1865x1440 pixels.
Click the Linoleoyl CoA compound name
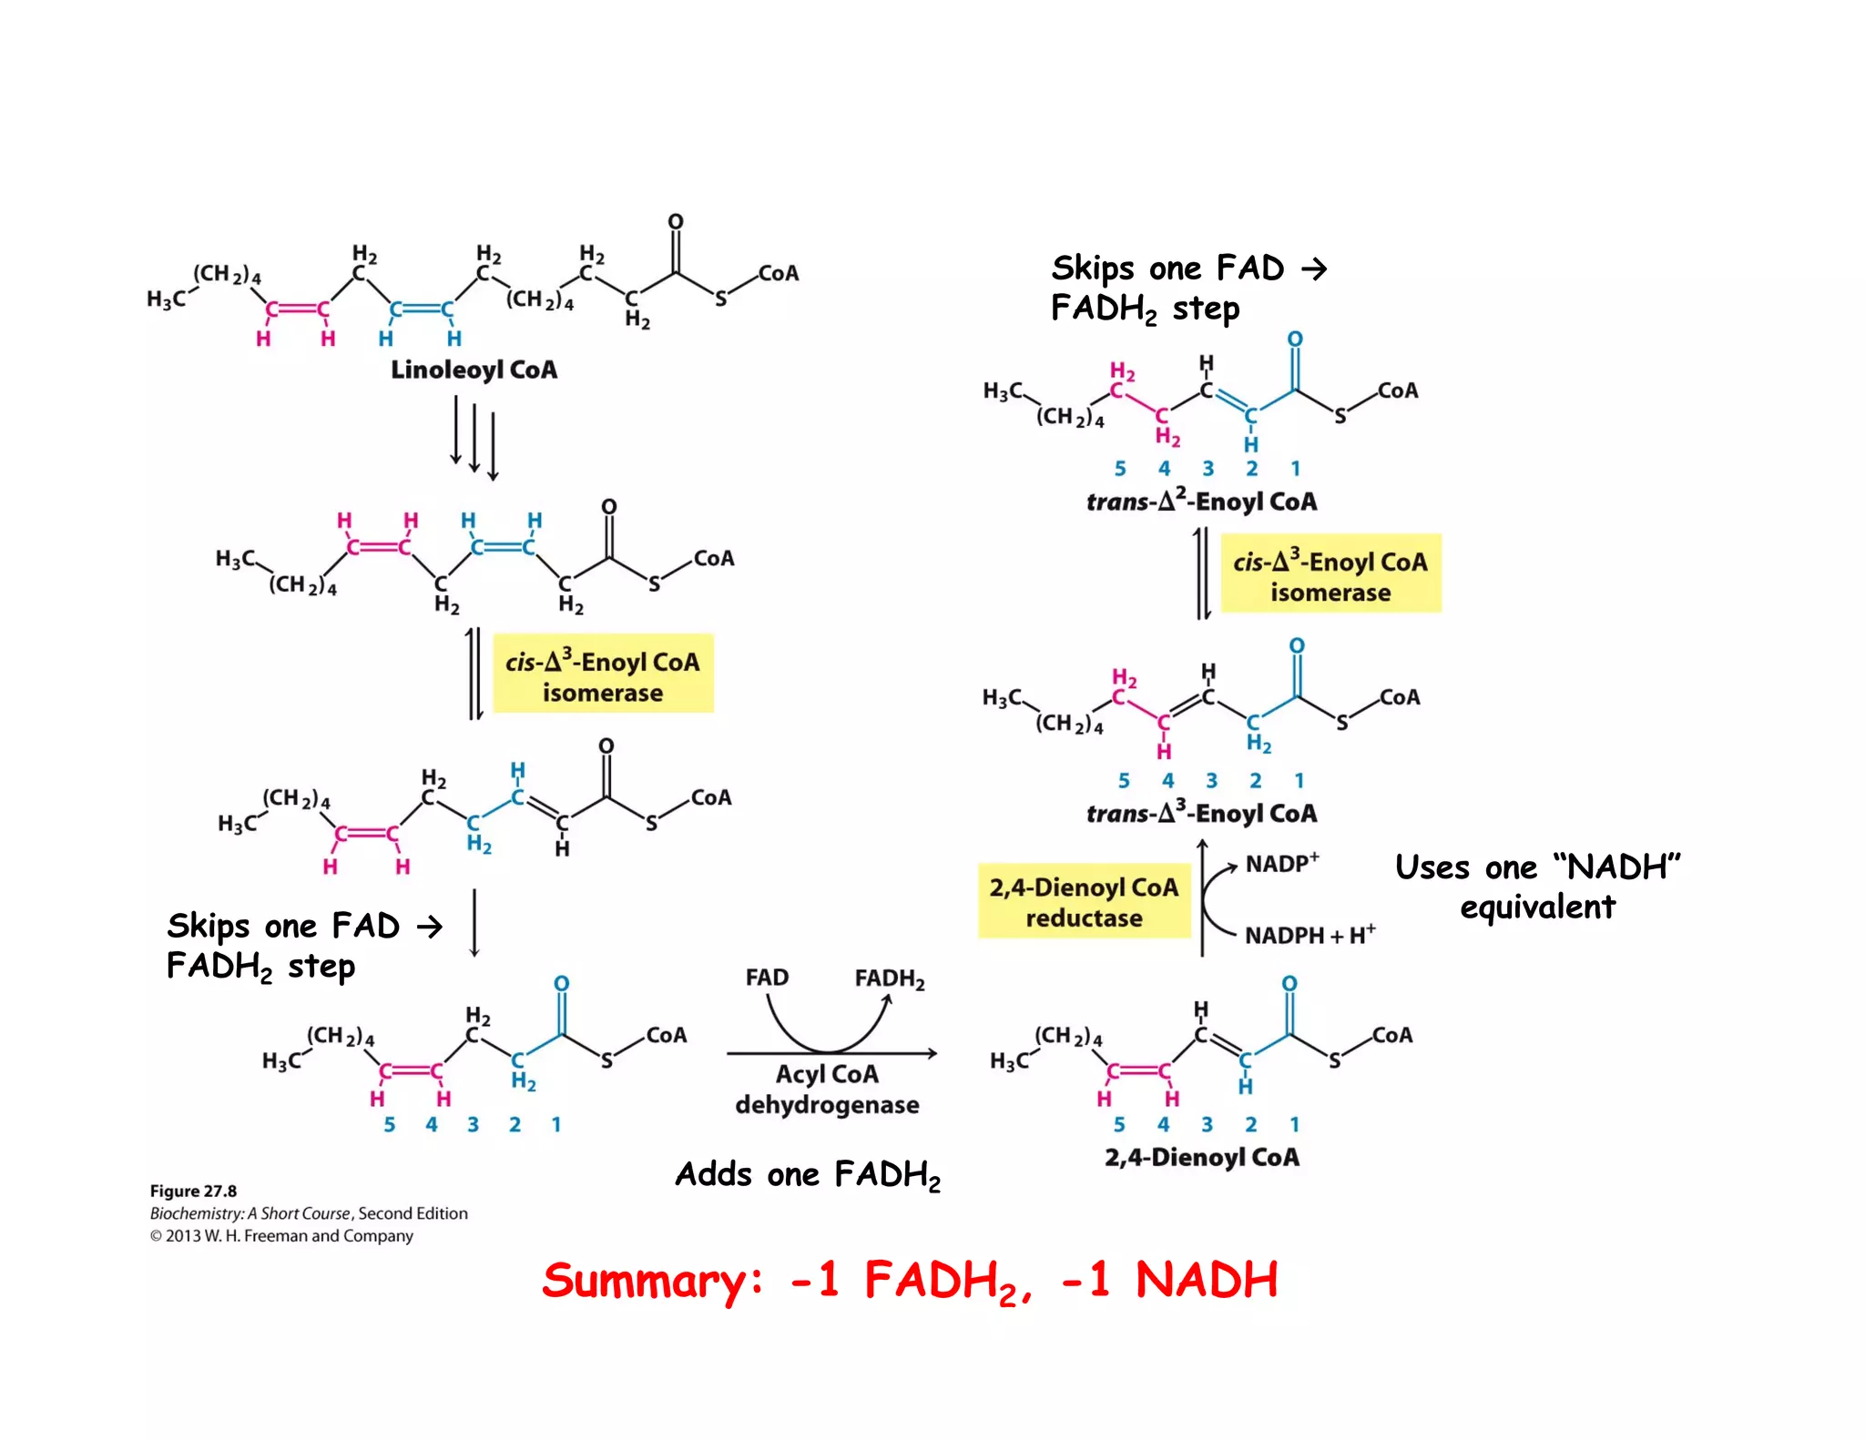(x=474, y=370)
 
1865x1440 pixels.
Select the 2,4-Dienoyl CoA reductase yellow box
(x=1084, y=901)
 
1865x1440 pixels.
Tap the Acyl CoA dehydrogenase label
(x=827, y=1090)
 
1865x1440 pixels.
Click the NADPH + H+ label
(x=1310, y=935)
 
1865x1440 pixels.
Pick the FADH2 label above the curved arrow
(x=889, y=979)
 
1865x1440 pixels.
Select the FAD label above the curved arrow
(x=767, y=978)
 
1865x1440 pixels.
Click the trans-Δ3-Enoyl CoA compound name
(x=1201, y=812)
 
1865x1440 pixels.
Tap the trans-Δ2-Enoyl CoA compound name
(x=1201, y=500)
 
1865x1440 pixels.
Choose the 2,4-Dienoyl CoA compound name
(x=1201, y=1157)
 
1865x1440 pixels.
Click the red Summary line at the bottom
(x=910, y=1281)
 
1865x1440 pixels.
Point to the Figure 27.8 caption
(x=193, y=1191)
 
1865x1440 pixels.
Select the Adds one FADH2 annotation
(x=808, y=1174)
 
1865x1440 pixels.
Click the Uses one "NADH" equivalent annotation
(x=1537, y=887)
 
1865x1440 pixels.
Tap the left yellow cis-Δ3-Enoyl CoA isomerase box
(x=603, y=676)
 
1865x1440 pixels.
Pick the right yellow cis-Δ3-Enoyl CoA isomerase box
(x=1330, y=576)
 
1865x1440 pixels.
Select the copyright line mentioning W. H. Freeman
(x=281, y=1235)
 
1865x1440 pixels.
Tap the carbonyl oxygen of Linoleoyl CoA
(x=675, y=222)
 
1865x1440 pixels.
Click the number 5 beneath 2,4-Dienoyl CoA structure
(x=1119, y=1124)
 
